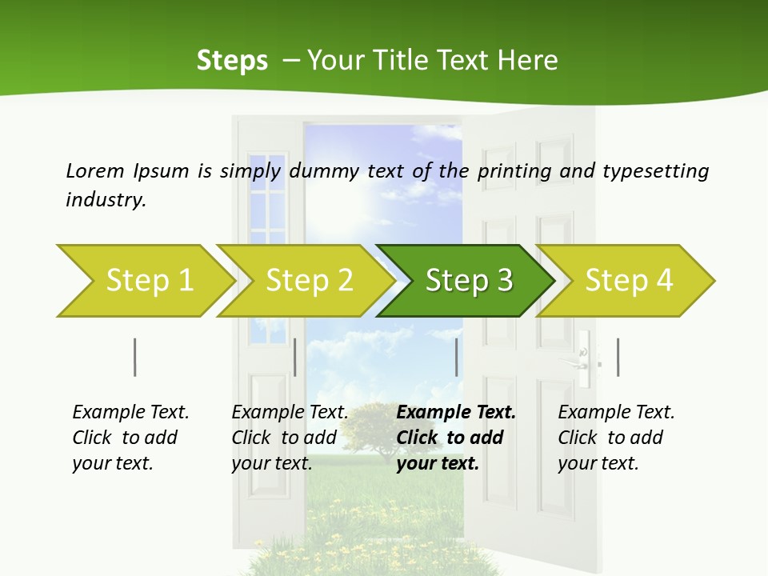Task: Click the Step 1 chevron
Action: coord(144,280)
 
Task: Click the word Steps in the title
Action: coord(232,61)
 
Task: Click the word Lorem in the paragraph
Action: coord(94,170)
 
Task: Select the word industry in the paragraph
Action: coord(106,200)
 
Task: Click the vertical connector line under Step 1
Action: coord(135,357)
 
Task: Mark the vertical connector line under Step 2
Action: coord(295,357)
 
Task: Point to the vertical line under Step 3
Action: coord(456,357)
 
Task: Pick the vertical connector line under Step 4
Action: coord(618,357)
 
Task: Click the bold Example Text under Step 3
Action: coord(456,413)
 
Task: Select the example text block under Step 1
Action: coord(130,438)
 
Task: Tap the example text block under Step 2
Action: coord(289,438)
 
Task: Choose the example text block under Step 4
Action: coord(615,438)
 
